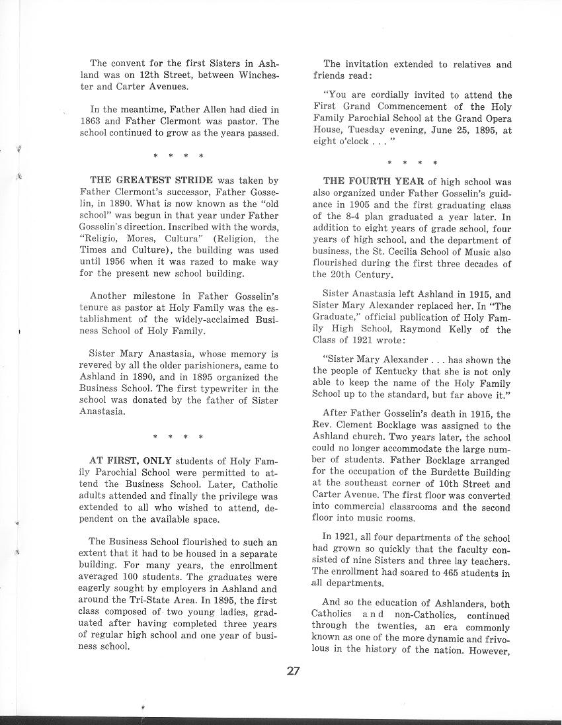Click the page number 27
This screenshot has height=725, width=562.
click(294, 671)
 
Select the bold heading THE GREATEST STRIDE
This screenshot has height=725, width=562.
click(151, 180)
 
